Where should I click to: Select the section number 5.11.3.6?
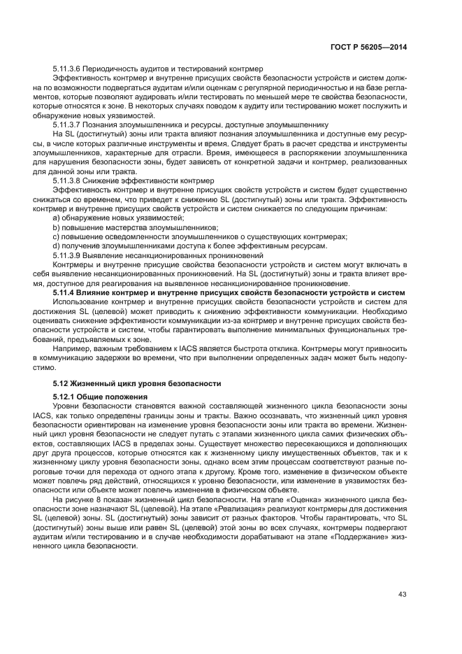67,69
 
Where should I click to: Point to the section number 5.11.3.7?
67,125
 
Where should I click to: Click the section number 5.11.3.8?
67,180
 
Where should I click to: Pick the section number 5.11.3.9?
67,256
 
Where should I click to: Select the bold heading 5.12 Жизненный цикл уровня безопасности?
137,383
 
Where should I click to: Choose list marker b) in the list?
57,228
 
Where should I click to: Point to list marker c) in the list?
57,237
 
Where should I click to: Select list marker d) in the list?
57,246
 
